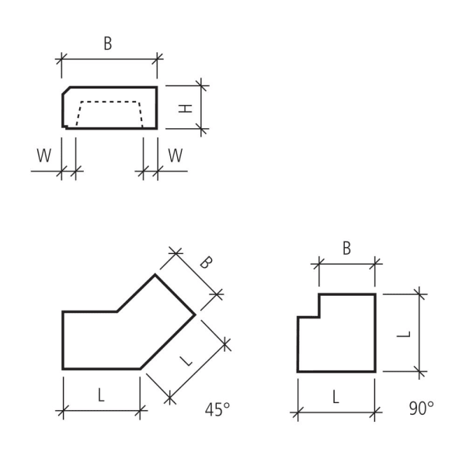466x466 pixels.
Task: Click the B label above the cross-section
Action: point(107,44)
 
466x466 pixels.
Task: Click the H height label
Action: point(185,108)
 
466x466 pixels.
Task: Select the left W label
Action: point(44,156)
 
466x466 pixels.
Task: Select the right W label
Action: point(176,156)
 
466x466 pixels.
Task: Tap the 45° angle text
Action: point(217,410)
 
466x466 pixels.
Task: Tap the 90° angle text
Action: point(421,409)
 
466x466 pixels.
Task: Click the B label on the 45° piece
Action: point(205,262)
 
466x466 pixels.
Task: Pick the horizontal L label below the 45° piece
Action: point(101,395)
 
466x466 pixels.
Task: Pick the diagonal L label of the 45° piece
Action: point(186,359)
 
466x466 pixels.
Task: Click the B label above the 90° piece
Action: point(346,249)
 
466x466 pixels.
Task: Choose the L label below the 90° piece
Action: point(336,397)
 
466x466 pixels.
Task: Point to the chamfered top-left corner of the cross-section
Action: point(66,91)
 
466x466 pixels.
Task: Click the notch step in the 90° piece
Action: point(319,316)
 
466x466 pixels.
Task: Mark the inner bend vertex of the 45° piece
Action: point(117,311)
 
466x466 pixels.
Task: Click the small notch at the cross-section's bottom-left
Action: point(65,126)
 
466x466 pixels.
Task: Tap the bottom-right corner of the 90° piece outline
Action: point(375,371)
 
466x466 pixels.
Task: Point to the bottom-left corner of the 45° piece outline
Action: point(63,369)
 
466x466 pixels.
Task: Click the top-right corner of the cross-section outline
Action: point(156,87)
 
